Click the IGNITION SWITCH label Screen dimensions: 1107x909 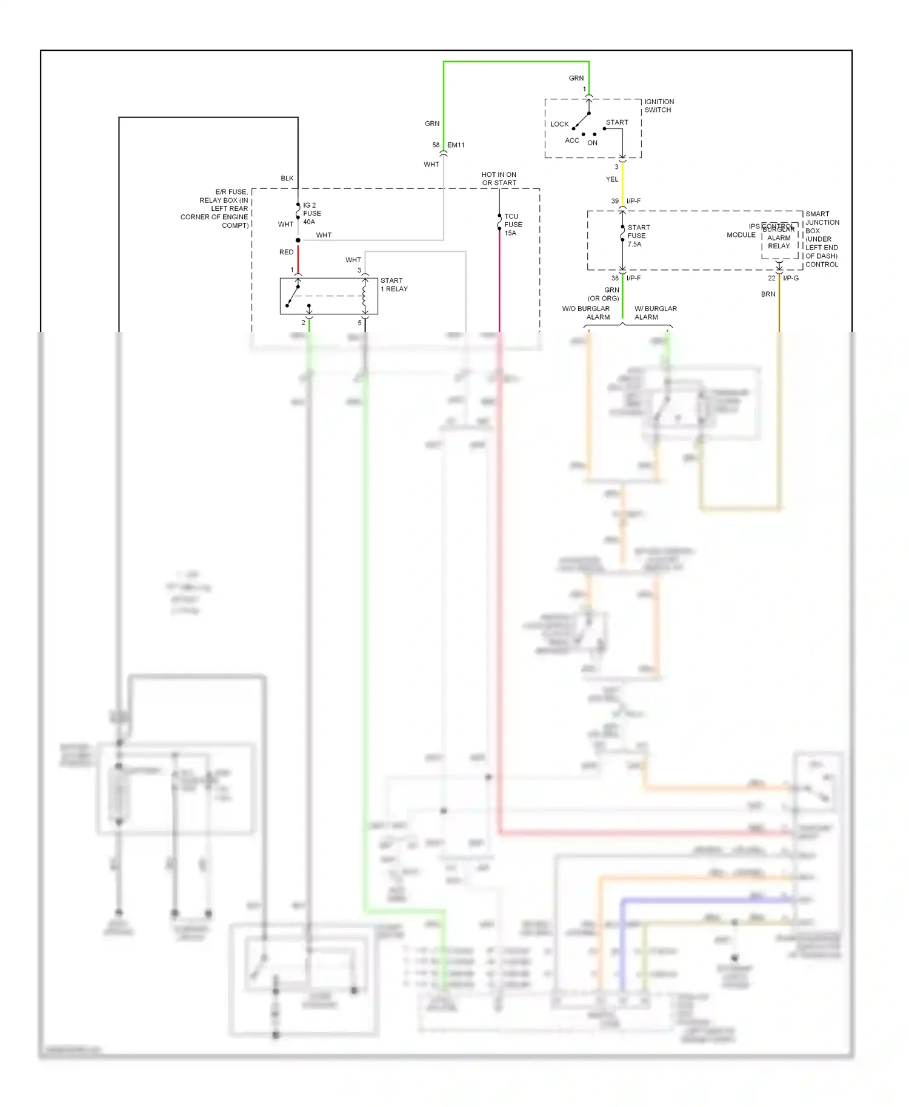[659, 106]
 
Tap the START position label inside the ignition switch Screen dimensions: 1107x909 [617, 122]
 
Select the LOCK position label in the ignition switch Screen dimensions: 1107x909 [559, 124]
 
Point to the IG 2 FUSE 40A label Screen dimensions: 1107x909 [312, 214]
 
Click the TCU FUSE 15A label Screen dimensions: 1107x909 [513, 225]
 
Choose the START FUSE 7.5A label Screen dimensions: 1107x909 [638, 236]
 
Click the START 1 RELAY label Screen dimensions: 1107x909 [394, 285]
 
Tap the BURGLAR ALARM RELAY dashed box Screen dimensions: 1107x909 [779, 242]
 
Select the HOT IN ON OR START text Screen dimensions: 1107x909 [499, 179]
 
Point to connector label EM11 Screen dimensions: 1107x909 [456, 145]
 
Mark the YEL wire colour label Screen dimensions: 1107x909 [612, 179]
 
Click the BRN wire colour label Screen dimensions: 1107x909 [768, 294]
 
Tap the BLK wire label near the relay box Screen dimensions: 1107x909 [287, 179]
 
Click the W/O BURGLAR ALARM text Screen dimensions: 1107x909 [586, 313]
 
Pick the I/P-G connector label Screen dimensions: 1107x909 [791, 279]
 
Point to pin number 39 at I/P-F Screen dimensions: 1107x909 [615, 201]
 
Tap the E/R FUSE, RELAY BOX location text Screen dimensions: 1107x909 [216, 208]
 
